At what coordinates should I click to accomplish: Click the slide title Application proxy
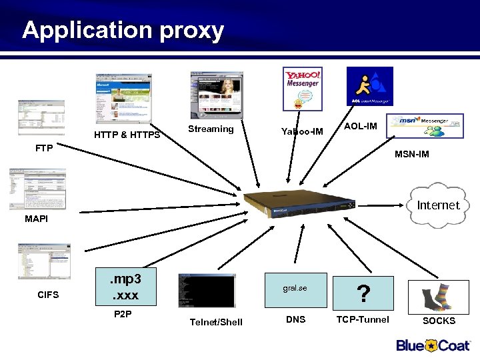123,30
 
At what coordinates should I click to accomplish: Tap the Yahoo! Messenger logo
302,89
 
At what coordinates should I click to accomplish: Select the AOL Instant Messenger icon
369,86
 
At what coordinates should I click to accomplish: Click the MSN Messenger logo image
427,126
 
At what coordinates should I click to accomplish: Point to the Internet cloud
437,205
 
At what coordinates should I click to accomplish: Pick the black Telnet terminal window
207,291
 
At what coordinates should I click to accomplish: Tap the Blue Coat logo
433,345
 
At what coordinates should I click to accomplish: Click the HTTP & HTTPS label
127,135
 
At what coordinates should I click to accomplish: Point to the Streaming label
211,129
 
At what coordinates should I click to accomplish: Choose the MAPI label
36,219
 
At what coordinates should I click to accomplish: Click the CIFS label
48,294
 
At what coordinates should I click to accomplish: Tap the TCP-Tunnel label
362,319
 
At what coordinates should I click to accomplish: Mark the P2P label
123,314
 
